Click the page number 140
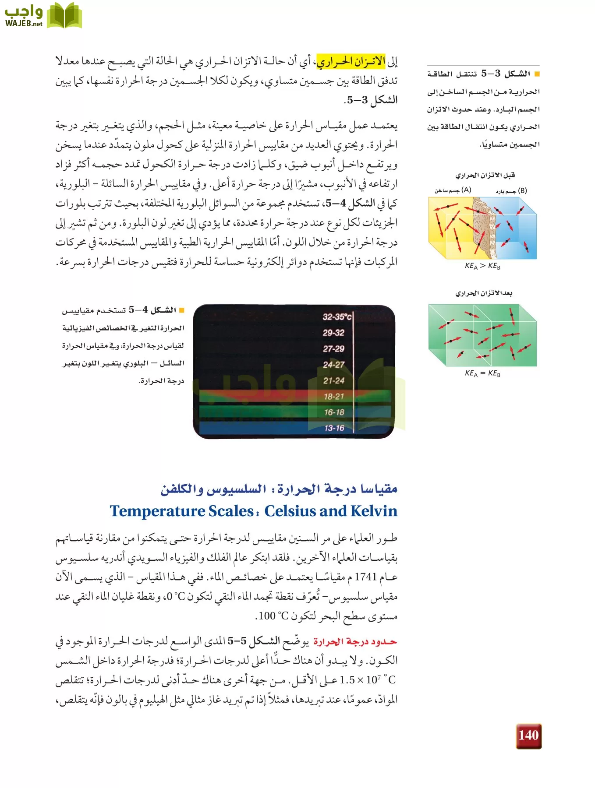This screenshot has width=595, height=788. coord(528,735)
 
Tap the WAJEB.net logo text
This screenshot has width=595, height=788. coord(24,24)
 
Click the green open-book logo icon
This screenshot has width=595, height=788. coord(64,16)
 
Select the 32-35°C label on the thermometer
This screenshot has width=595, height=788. coord(337,317)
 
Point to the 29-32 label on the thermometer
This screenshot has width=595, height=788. coord(333,333)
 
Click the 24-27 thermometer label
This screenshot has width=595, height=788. coord(333,364)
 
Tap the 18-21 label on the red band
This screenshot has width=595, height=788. coord(334,396)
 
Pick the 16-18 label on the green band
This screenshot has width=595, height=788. coord(334,412)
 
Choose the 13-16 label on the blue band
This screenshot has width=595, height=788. coord(334,428)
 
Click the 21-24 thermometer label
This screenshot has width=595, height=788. coord(333,380)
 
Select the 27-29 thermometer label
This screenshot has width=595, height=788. coord(333,348)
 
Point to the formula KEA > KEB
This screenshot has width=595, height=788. coord(482,266)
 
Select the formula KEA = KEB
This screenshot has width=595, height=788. coord(482,373)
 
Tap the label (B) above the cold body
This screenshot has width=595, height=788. coord(522,191)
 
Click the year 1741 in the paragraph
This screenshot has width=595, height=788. coord(365,577)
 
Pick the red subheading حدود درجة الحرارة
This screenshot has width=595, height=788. coord(355,642)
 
